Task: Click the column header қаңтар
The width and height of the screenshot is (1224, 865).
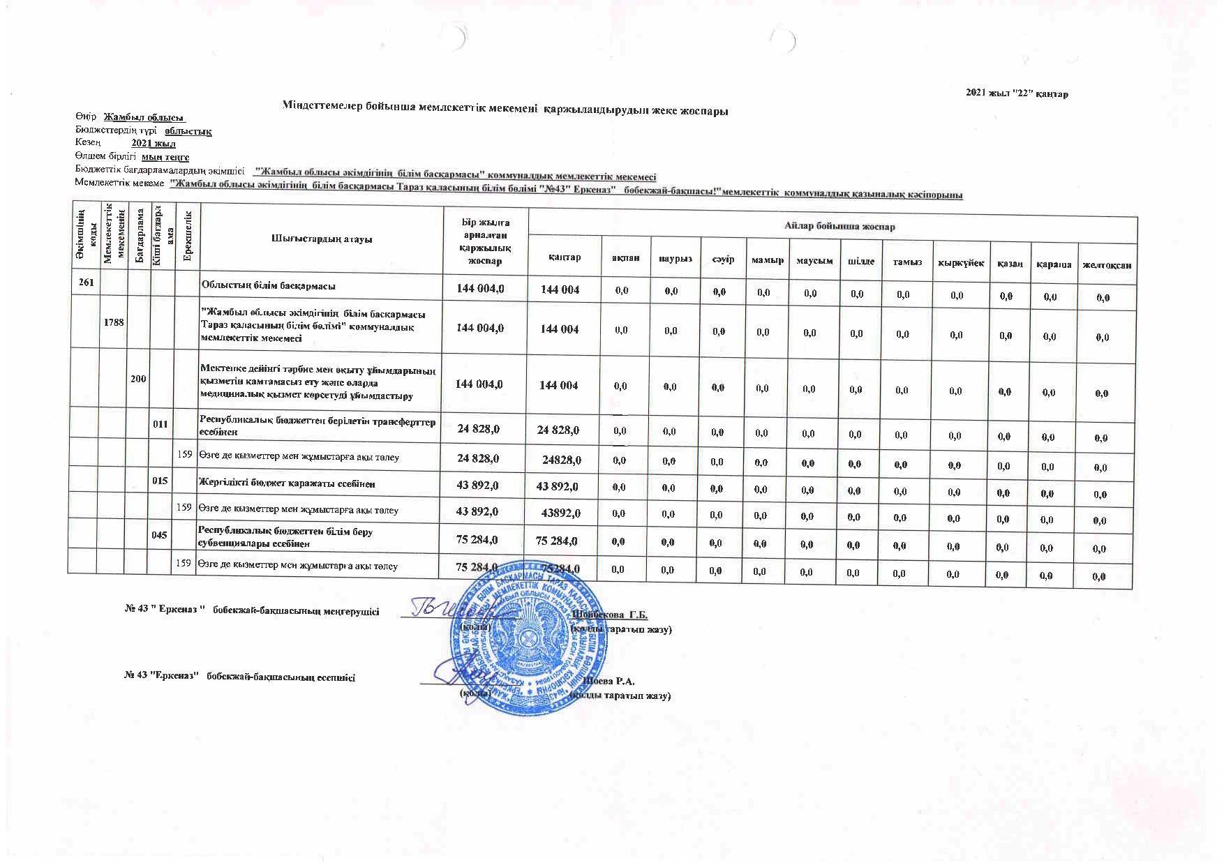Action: (564, 259)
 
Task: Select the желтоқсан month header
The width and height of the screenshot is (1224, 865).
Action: (1106, 265)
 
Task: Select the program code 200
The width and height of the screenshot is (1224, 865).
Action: (138, 378)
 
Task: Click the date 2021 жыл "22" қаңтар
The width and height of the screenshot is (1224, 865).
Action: (1016, 93)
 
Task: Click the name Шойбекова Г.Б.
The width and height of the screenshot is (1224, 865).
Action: (609, 615)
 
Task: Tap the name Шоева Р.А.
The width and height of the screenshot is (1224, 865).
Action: (611, 680)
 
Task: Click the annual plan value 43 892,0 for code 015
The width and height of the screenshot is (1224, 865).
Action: (477, 485)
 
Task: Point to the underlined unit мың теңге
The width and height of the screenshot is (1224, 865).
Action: (165, 157)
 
